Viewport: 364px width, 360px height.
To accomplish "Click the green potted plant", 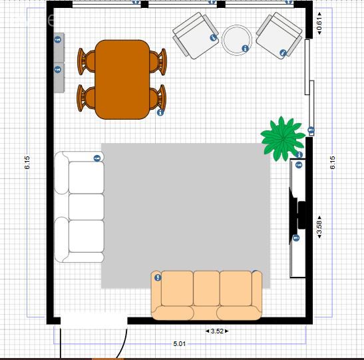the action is pos(283,139).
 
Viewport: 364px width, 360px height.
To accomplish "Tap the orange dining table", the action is pos(122,79).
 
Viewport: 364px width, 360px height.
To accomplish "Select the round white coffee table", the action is pos(236,40).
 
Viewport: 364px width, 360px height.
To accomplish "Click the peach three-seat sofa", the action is pos(206,295).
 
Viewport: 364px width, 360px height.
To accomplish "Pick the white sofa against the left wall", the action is pos(79,207).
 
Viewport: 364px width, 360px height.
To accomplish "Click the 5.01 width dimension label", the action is pos(180,343).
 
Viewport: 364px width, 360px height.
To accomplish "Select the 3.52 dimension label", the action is pos(217,331).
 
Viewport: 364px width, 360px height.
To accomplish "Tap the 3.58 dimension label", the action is pos(319,227).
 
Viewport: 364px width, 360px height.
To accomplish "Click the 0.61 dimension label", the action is pos(319,23).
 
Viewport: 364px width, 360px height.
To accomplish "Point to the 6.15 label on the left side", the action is pos(27,162).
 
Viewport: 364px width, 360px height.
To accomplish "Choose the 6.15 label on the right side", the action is pos(333,162).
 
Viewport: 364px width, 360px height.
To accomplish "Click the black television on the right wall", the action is pos(297,216).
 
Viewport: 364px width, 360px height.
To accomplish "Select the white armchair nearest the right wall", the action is pos(279,35).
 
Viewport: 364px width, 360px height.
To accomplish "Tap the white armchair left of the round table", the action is pos(196,35).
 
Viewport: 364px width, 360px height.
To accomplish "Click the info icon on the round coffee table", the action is pos(245,49).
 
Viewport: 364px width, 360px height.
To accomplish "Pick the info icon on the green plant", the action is pos(299,154).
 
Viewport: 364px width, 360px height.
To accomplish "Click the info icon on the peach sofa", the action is pos(158,277).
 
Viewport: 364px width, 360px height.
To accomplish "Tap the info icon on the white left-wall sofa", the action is pos(97,158).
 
